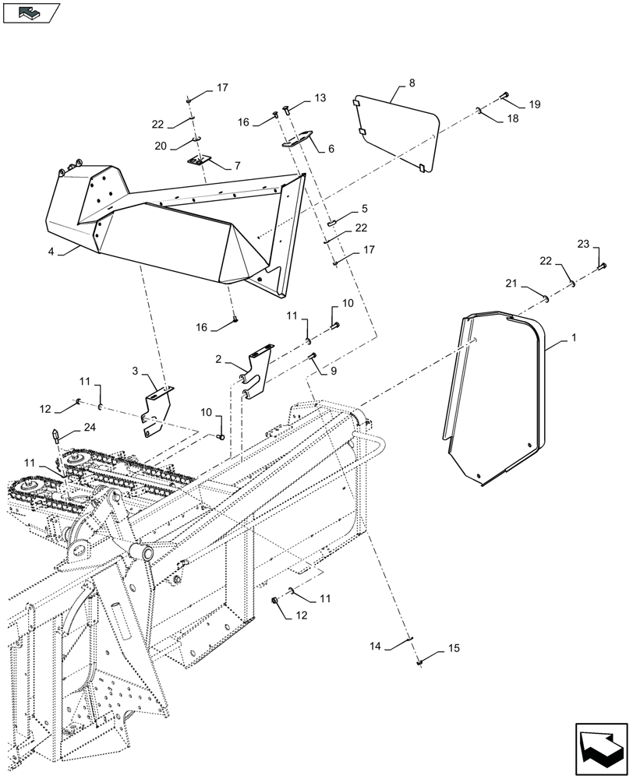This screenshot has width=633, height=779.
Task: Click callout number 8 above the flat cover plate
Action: tap(412, 83)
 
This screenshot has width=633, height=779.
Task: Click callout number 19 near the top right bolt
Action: tap(534, 104)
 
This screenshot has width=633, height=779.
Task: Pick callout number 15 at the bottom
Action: tap(454, 648)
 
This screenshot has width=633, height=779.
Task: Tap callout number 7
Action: tap(237, 166)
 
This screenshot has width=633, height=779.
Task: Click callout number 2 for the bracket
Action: tap(219, 359)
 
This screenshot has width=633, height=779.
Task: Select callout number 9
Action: tap(334, 372)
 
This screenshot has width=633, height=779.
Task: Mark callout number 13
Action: tap(320, 98)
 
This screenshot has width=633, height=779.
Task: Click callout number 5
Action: tap(363, 210)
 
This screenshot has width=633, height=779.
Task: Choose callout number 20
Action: tap(161, 146)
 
